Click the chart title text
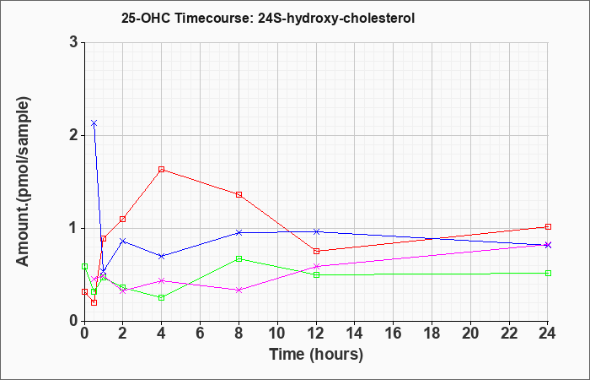coord(268,18)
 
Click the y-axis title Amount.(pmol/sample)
coord(23,182)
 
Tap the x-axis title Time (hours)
coord(316,355)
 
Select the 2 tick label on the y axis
coord(74,135)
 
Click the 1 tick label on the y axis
coord(74,229)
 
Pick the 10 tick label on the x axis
coord(277,334)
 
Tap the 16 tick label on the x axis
coord(394,334)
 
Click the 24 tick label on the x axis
coord(548,334)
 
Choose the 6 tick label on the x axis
coord(200,334)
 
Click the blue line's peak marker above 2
coord(94,123)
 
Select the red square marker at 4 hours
coord(162,169)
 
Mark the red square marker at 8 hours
coord(239,194)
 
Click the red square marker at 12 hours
coord(316,251)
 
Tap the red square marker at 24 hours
coord(548,226)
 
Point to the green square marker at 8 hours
coord(239,258)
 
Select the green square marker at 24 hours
coord(548,273)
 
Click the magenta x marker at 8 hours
coord(239,290)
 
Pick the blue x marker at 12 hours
coord(316,231)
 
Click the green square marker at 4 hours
coord(162,297)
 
